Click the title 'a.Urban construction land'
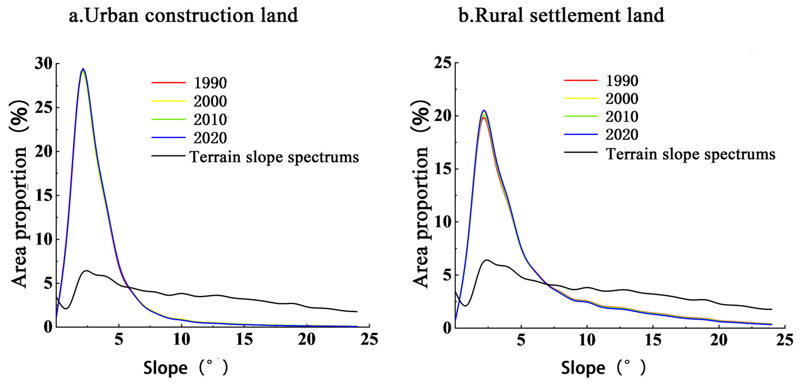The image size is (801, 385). coord(183,16)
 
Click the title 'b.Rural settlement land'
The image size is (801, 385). coord(561,16)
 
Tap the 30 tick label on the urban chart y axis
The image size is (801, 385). coord(44,64)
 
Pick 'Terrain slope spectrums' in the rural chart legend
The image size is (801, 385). coord(691,154)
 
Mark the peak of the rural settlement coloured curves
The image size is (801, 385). coord(484,111)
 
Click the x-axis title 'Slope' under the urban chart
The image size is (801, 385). coord(165,368)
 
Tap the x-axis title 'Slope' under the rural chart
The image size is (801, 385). coord(583,368)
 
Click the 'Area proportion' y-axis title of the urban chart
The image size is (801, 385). coord(19,194)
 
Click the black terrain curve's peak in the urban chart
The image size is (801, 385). coord(86,271)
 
